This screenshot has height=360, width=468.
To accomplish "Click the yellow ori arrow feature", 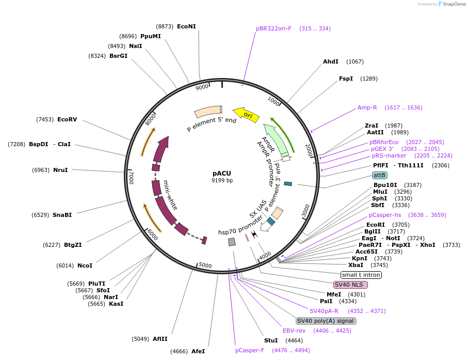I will [x=246, y=114].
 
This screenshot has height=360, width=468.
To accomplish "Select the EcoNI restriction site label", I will [x=186, y=26].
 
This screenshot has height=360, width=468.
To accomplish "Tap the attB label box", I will [x=379, y=175].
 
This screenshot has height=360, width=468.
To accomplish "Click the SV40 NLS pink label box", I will [x=350, y=285].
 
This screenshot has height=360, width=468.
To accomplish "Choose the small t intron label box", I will [x=361, y=275].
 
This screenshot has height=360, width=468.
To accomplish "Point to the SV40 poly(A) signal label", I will [x=326, y=321].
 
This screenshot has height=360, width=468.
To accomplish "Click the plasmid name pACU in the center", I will [x=222, y=174].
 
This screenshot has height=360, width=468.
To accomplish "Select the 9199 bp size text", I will [x=222, y=181].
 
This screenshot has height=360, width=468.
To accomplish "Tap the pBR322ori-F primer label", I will [x=273, y=28].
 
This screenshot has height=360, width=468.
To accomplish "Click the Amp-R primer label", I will [x=367, y=107].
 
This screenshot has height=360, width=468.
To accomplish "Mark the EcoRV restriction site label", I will [x=67, y=119].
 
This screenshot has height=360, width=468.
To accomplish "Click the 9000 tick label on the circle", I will [x=202, y=87].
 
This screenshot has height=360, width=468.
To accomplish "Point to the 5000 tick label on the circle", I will [x=205, y=265].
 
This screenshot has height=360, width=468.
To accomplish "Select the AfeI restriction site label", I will [x=198, y=351].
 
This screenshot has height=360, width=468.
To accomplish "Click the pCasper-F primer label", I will [x=250, y=350].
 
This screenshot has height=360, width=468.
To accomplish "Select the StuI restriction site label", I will [x=271, y=340].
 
